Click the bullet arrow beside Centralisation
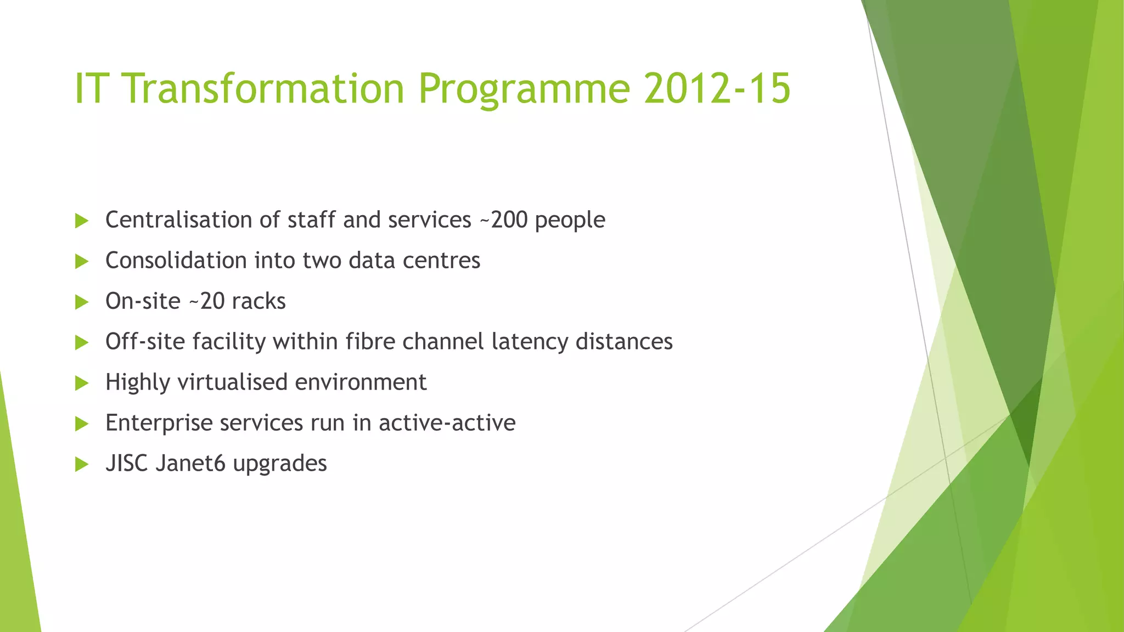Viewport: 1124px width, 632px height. (x=82, y=221)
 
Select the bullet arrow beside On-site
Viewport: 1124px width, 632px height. (x=82, y=302)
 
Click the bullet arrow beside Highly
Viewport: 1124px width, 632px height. (x=82, y=383)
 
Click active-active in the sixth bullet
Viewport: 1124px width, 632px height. (x=447, y=423)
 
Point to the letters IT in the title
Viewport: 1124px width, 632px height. (x=89, y=88)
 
